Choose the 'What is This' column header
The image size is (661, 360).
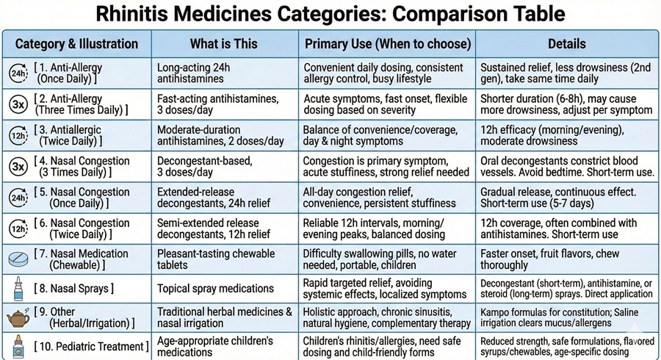click(x=224, y=43)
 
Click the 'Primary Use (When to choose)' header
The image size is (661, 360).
click(x=386, y=43)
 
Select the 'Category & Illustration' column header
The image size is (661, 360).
click(x=77, y=43)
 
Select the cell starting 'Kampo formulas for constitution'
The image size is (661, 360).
click(x=566, y=317)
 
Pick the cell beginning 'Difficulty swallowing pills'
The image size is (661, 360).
click(x=382, y=259)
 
